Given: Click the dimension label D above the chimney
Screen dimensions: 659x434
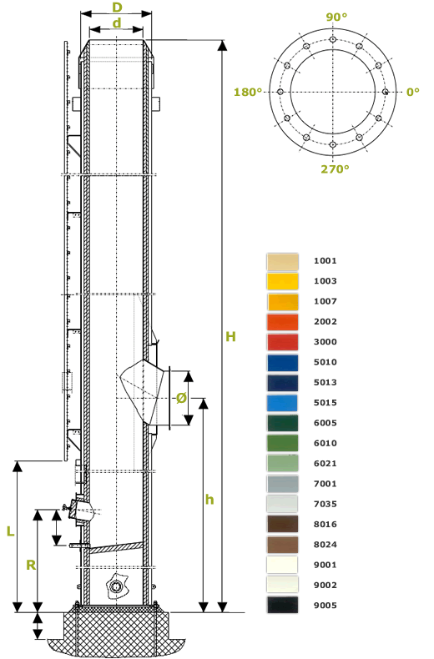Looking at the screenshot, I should point(117,7).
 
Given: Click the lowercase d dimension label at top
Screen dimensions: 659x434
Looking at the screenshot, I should point(117,23).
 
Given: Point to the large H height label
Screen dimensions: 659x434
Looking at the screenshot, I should point(230,336).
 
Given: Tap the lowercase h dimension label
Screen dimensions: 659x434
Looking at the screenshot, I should point(209,500).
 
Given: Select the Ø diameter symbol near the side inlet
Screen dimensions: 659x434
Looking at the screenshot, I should point(181,398).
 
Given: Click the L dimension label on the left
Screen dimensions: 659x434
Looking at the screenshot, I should point(10,531).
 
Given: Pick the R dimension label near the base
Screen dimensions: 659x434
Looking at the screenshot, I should point(30,565).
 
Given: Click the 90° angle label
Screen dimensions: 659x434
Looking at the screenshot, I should point(336,17).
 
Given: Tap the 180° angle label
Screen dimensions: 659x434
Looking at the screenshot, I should point(248,92).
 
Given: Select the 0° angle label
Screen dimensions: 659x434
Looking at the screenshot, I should point(412,92).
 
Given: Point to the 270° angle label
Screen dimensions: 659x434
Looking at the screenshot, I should point(336,169).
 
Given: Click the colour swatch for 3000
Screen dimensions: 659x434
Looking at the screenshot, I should point(282,342).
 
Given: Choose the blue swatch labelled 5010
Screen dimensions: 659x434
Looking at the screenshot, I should point(282,363).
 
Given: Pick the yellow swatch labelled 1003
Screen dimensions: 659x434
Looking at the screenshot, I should point(282,281).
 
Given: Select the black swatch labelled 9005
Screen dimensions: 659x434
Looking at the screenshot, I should point(282,606).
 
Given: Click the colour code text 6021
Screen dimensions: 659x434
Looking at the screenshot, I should point(325,464).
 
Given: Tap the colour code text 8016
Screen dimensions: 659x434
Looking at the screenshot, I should point(325,525).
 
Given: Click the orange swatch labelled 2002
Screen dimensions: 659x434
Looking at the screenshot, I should point(282,322).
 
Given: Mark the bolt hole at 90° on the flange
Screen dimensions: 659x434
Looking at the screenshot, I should point(333,39).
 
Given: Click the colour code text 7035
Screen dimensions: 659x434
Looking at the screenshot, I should point(325,505).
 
